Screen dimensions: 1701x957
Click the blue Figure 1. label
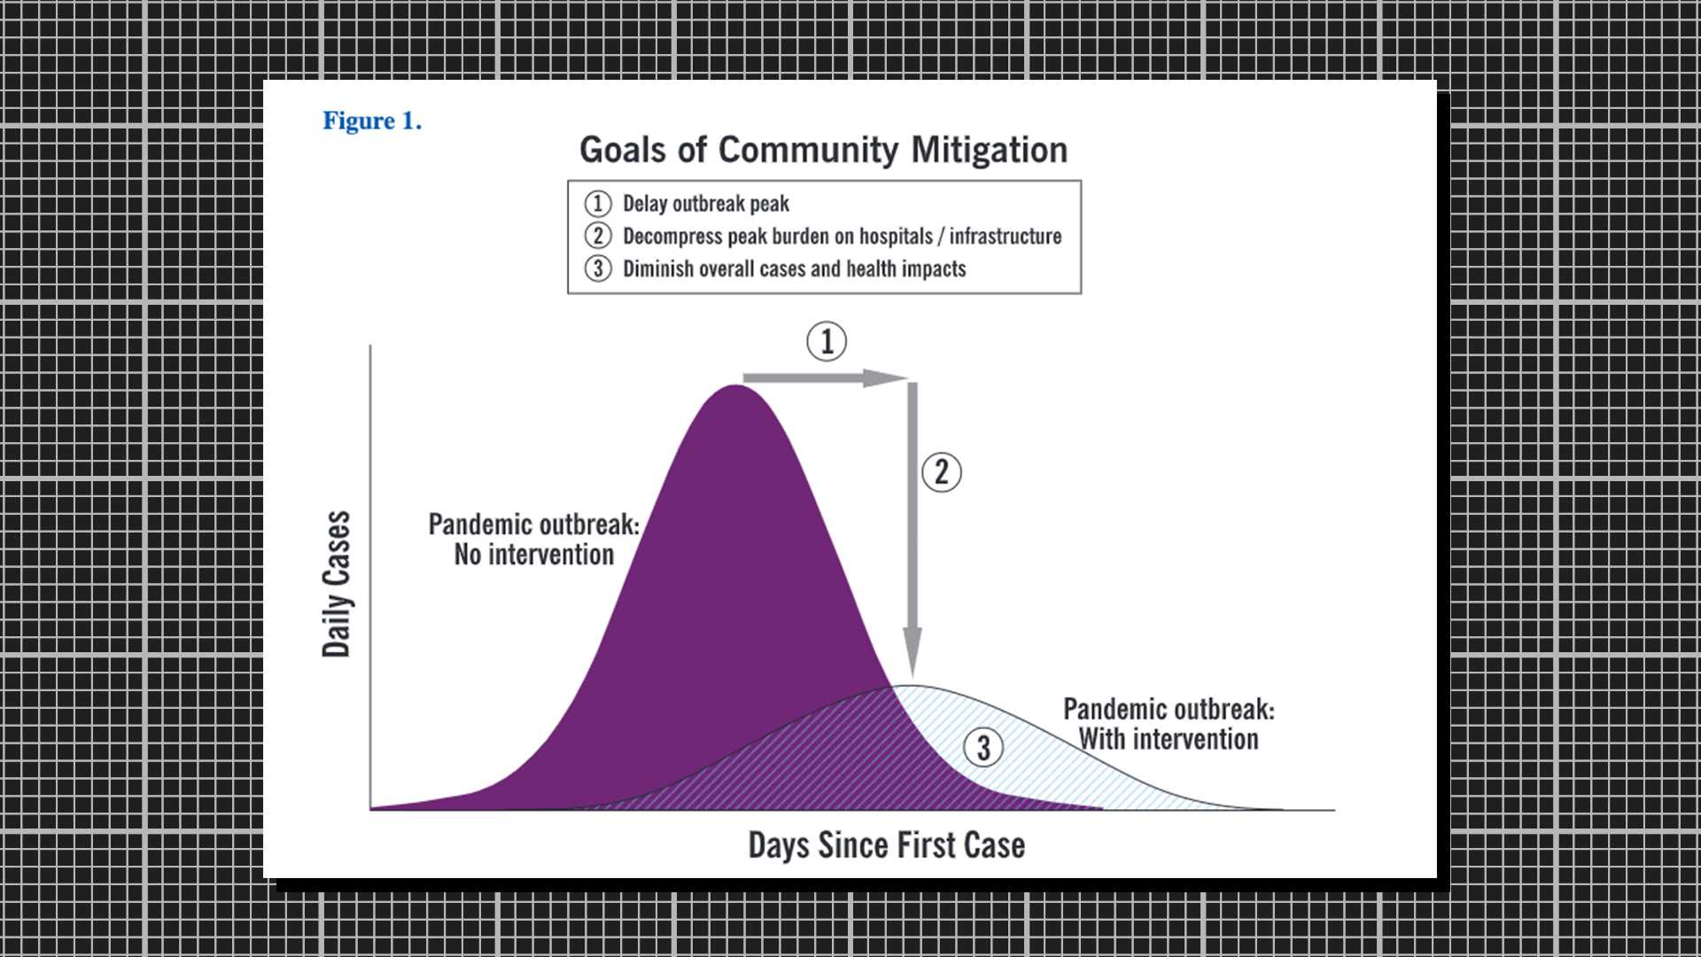[x=372, y=121]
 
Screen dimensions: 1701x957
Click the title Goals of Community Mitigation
[x=823, y=150]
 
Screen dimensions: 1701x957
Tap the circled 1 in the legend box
[x=598, y=204]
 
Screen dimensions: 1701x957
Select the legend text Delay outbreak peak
[x=706, y=204]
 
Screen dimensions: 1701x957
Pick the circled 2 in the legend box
[x=598, y=236]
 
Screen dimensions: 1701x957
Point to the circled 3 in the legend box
[x=598, y=268]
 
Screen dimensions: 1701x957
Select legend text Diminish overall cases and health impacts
[x=795, y=268]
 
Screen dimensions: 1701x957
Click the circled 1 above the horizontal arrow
[x=827, y=341]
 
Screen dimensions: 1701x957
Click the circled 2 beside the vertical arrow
[x=942, y=472]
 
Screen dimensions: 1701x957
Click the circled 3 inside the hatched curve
[x=983, y=748]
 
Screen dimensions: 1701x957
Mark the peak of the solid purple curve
[x=735, y=385]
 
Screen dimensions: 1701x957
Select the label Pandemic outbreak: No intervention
[x=533, y=539]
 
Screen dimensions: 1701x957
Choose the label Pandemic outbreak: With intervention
[x=1169, y=724]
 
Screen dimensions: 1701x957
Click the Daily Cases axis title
[x=337, y=584]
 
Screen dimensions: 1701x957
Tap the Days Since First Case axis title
[x=887, y=845]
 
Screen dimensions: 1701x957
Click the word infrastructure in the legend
[x=1006, y=237]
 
